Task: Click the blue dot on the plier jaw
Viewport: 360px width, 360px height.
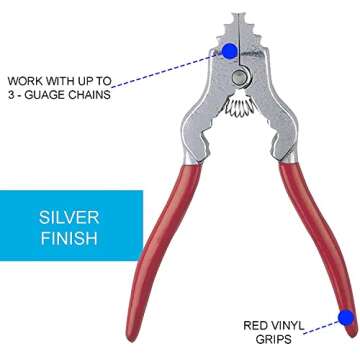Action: coord(230,50)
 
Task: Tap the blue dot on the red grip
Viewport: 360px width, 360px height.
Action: coord(346,319)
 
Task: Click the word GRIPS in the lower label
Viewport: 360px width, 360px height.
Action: coord(275,340)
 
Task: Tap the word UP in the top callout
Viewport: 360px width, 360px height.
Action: coord(93,80)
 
